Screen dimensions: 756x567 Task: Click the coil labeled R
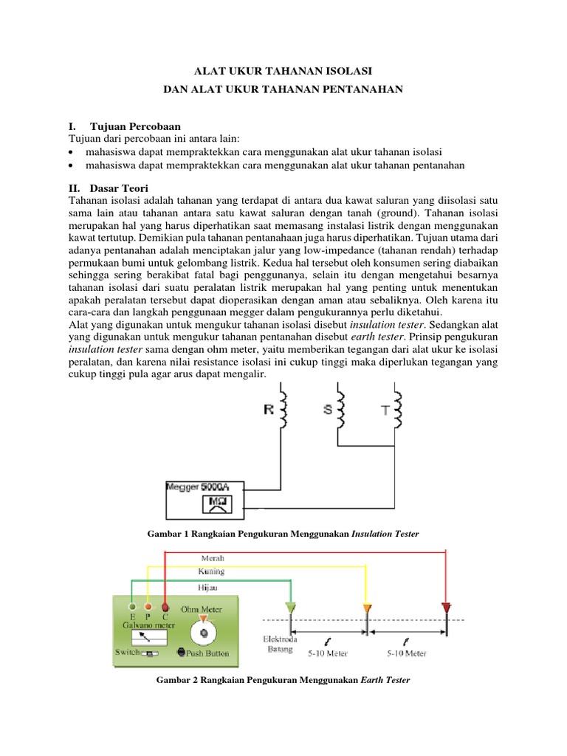[283, 408]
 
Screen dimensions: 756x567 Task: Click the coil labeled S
[342, 408]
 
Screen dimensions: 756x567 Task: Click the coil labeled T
[398, 408]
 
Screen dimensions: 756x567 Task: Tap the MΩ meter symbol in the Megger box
[219, 504]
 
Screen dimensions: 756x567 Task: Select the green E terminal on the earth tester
[132, 607]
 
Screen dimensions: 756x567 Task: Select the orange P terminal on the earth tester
[148, 607]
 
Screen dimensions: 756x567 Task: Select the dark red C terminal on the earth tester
[165, 607]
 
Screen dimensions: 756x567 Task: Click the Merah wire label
[213, 558]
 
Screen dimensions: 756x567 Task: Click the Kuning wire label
[212, 571]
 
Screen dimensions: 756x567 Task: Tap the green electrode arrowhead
[290, 608]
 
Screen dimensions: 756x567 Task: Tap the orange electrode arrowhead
[367, 608]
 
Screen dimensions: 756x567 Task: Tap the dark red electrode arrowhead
[445, 608]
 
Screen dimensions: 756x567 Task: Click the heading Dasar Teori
[117, 188]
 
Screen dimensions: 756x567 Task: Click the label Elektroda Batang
[279, 645]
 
